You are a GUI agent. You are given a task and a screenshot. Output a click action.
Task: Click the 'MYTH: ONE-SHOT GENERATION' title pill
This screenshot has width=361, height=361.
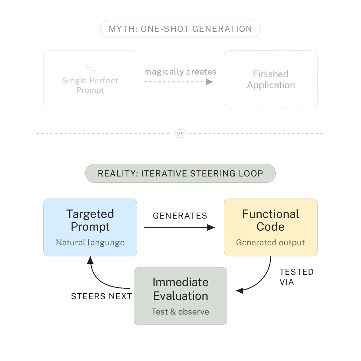point(180,29)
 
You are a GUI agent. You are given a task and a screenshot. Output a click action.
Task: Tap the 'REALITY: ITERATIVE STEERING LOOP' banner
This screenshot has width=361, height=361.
point(180,173)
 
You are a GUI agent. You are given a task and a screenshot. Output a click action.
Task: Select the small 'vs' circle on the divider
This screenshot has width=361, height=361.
point(180,133)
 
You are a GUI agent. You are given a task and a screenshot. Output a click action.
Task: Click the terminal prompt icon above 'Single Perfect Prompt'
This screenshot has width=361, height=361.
point(90,68)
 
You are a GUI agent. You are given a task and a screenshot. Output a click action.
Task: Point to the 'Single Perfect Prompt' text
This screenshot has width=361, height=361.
point(90,85)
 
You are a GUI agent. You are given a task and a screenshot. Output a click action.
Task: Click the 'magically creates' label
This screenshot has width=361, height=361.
point(180,72)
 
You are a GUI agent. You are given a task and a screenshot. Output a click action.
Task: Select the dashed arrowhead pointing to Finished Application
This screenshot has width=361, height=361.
point(210,82)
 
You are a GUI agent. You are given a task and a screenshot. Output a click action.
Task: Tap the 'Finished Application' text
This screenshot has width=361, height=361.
point(271,80)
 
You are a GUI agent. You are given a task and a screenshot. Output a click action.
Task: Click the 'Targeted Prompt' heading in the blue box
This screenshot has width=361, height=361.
point(90,220)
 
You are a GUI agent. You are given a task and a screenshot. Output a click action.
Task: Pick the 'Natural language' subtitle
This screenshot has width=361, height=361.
point(90,242)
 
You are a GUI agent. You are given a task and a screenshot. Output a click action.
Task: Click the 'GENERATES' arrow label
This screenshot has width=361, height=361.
point(180,216)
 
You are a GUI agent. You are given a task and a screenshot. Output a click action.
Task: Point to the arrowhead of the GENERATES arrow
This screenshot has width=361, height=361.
point(211,228)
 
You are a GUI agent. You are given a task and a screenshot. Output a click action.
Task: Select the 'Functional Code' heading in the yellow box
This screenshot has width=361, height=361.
point(271,220)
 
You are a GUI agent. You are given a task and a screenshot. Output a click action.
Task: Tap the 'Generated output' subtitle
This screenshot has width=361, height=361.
point(270,242)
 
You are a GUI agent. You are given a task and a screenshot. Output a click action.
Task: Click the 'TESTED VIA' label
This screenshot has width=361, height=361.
point(296,277)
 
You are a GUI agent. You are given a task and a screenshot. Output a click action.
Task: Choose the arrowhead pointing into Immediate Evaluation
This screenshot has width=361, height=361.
point(240,290)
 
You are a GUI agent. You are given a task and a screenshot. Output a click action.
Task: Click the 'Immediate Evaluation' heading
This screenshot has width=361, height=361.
point(180,289)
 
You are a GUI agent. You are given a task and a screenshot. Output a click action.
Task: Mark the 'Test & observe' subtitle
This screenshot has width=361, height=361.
point(180,312)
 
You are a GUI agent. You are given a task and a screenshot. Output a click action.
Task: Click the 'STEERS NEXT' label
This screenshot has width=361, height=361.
point(102,296)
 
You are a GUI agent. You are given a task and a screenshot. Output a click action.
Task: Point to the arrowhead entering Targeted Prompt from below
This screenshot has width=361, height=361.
point(90,260)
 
